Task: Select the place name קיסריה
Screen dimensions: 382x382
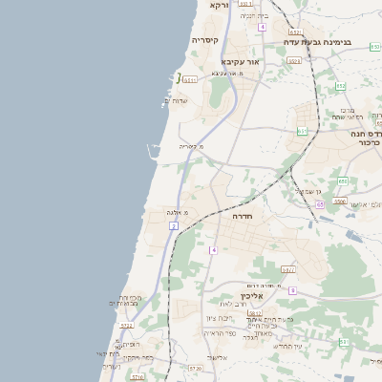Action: click(205, 40)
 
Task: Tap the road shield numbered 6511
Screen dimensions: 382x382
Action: click(190, 79)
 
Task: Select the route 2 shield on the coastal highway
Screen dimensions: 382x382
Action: click(174, 225)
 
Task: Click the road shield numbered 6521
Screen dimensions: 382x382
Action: click(294, 60)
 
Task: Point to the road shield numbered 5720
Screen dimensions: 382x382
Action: click(196, 368)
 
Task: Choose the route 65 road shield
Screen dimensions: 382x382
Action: click(320, 204)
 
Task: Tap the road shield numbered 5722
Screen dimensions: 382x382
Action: click(126, 326)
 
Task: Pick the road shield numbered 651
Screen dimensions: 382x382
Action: click(303, 131)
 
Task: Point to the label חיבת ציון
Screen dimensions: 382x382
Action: click(219, 318)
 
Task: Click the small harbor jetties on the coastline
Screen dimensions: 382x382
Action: click(151, 150)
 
